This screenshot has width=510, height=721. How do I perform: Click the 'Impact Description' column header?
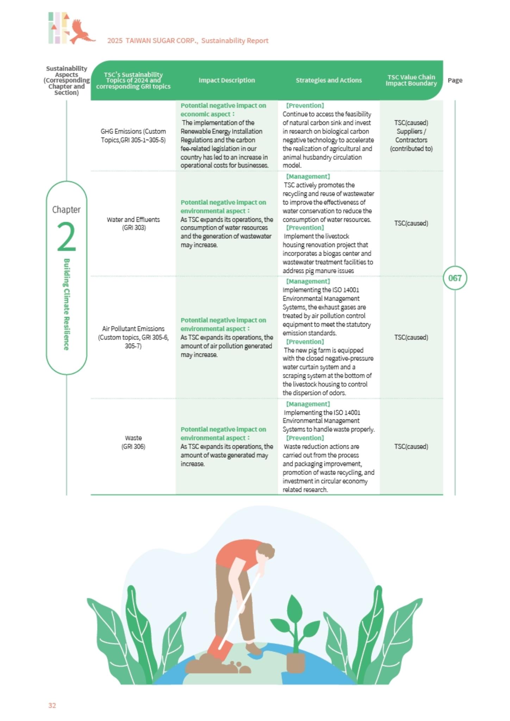pos(226,80)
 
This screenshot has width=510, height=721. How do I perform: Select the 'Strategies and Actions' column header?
pos(329,80)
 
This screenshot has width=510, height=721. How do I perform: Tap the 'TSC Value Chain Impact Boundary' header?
pos(411,80)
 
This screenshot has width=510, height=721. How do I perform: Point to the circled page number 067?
pos(455,278)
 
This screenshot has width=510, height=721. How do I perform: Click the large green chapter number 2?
pos(66,237)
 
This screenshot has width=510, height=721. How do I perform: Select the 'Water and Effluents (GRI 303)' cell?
pos(133,224)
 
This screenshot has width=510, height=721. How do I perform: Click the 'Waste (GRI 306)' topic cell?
pos(133,442)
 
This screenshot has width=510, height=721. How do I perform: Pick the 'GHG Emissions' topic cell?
pos(133,136)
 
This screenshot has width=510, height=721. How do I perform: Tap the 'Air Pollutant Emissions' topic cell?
pos(133,337)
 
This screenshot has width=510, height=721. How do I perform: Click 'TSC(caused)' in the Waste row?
pos(411,446)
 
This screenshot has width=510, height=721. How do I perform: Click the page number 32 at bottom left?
pos(52,705)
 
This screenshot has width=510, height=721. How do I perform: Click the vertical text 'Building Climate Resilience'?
pos(66,305)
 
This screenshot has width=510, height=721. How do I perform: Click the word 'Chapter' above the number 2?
pos(66,209)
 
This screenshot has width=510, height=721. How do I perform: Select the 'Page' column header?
pos(455,80)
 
